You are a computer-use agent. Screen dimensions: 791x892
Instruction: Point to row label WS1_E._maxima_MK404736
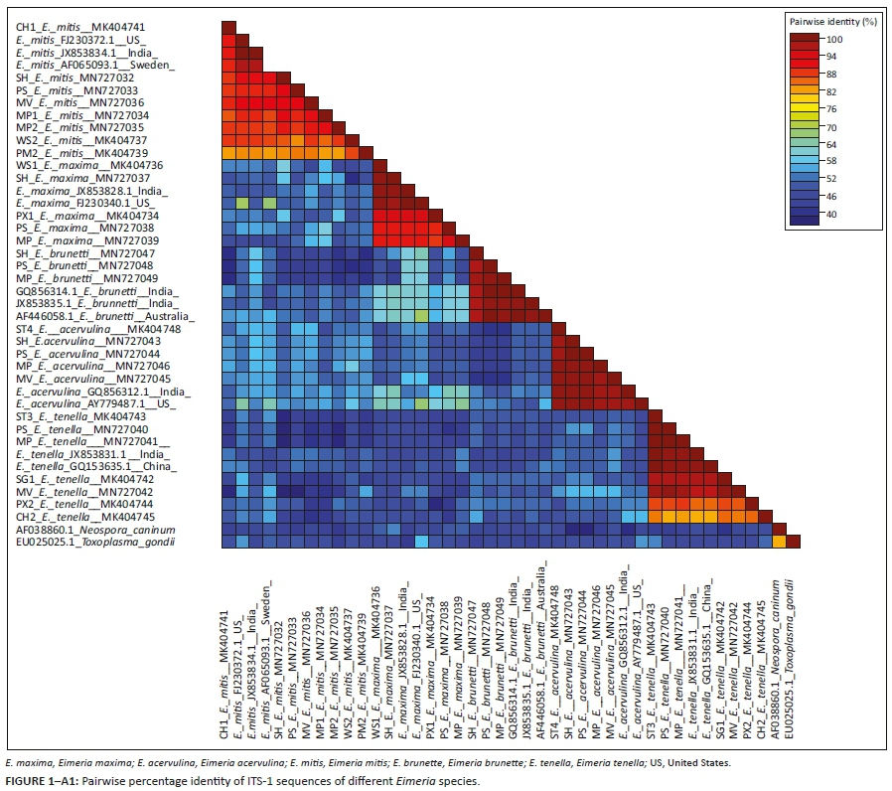point(75,165)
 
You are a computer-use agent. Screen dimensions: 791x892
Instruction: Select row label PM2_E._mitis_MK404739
point(75,152)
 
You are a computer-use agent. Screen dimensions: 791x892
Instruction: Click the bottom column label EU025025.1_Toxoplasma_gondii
point(794,647)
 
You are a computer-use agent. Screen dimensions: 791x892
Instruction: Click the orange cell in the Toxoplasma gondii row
point(780,542)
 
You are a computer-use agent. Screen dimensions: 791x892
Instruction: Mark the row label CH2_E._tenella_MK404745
point(75,516)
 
